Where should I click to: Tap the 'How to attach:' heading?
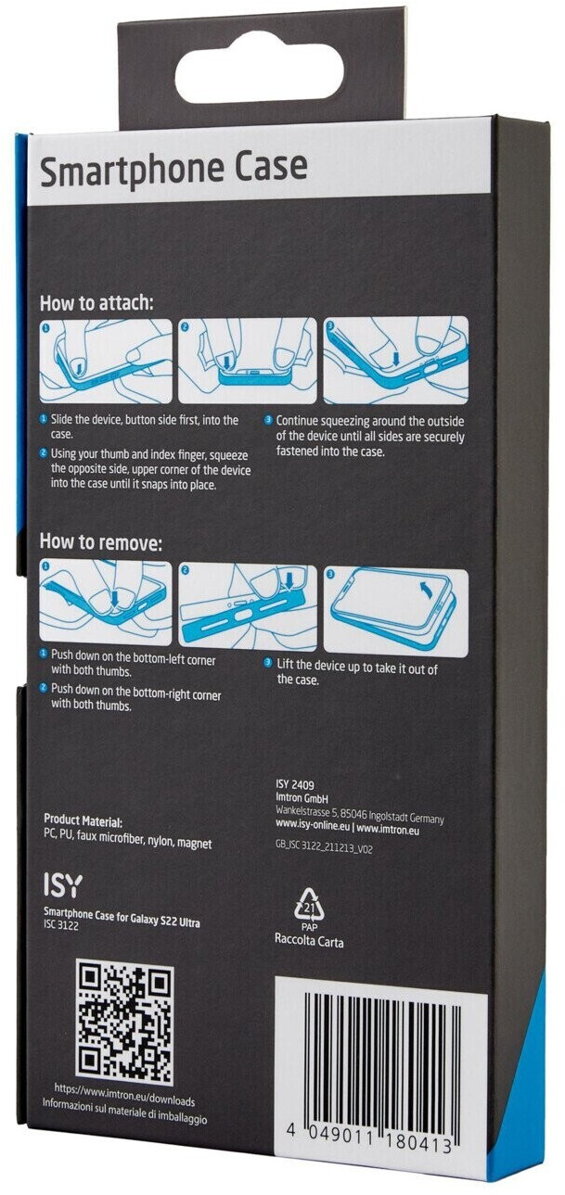[97, 304]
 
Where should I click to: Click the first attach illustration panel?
[107, 362]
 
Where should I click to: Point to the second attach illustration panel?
[248, 362]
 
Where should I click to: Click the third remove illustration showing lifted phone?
[396, 612]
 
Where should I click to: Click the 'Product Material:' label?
[83, 820]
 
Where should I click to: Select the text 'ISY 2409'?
[295, 784]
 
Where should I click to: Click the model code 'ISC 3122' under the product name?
[61, 925]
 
